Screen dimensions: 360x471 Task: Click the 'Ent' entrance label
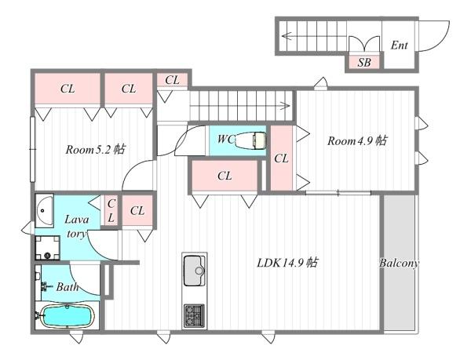tap(399, 45)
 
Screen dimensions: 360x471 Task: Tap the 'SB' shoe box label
tap(364, 62)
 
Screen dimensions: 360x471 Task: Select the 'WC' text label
tap(225, 140)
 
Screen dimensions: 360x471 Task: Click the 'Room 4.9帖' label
tap(357, 141)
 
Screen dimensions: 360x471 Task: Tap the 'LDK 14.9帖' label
tap(287, 262)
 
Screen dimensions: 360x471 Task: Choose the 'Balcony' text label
tap(399, 263)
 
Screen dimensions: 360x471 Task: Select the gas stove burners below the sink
tap(194, 316)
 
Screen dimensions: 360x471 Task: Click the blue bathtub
tap(68, 317)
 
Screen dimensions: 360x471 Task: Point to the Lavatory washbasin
tap(44, 209)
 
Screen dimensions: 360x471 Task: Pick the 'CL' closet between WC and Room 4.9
tap(281, 158)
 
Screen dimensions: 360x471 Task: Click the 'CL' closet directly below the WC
tap(225, 176)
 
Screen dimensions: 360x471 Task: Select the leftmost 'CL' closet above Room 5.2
tap(68, 89)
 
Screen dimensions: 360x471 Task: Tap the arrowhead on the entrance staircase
tap(287, 35)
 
